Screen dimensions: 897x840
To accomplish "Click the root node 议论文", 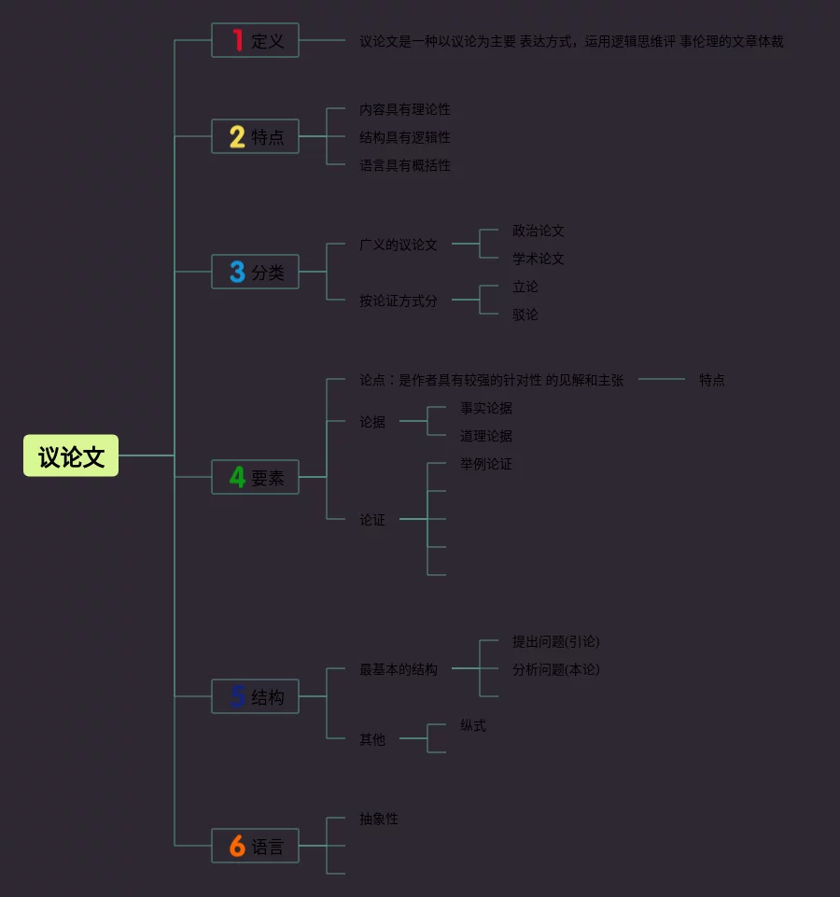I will tap(71, 456).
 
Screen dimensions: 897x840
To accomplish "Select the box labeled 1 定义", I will tap(255, 41).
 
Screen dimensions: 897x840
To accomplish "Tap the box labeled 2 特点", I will tap(255, 137).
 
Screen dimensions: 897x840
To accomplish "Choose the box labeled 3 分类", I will tap(255, 273).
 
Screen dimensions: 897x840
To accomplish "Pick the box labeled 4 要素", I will tap(255, 478).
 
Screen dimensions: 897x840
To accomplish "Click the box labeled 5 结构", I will tap(255, 697).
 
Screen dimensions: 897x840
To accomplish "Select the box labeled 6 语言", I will tap(255, 847).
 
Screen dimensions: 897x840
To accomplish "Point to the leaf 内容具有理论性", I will tap(405, 110).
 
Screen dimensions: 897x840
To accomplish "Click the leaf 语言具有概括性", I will tap(405, 166).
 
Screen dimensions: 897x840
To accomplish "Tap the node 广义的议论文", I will tap(399, 245).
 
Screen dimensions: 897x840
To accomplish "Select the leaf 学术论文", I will tap(539, 259).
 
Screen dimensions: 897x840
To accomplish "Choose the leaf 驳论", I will tap(525, 315).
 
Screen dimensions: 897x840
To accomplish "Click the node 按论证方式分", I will tap(399, 301).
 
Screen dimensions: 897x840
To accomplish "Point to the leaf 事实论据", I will tap(486, 408).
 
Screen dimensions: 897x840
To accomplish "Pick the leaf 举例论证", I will tap(486, 464).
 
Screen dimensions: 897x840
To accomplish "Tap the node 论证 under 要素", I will tap(372, 520).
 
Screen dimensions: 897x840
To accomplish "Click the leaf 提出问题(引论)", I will tap(556, 641).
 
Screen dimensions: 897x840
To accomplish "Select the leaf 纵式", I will tap(473, 725).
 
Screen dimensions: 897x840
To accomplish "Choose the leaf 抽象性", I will tap(379, 819).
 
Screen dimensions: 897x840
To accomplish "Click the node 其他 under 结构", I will tap(372, 739).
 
